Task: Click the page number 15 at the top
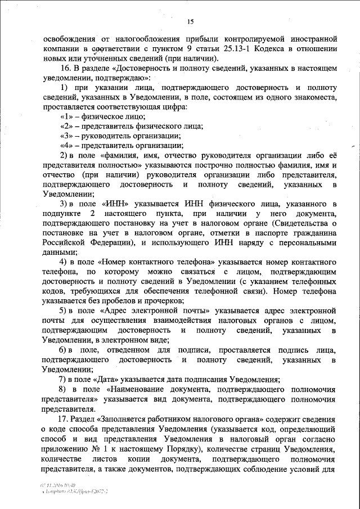190,21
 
